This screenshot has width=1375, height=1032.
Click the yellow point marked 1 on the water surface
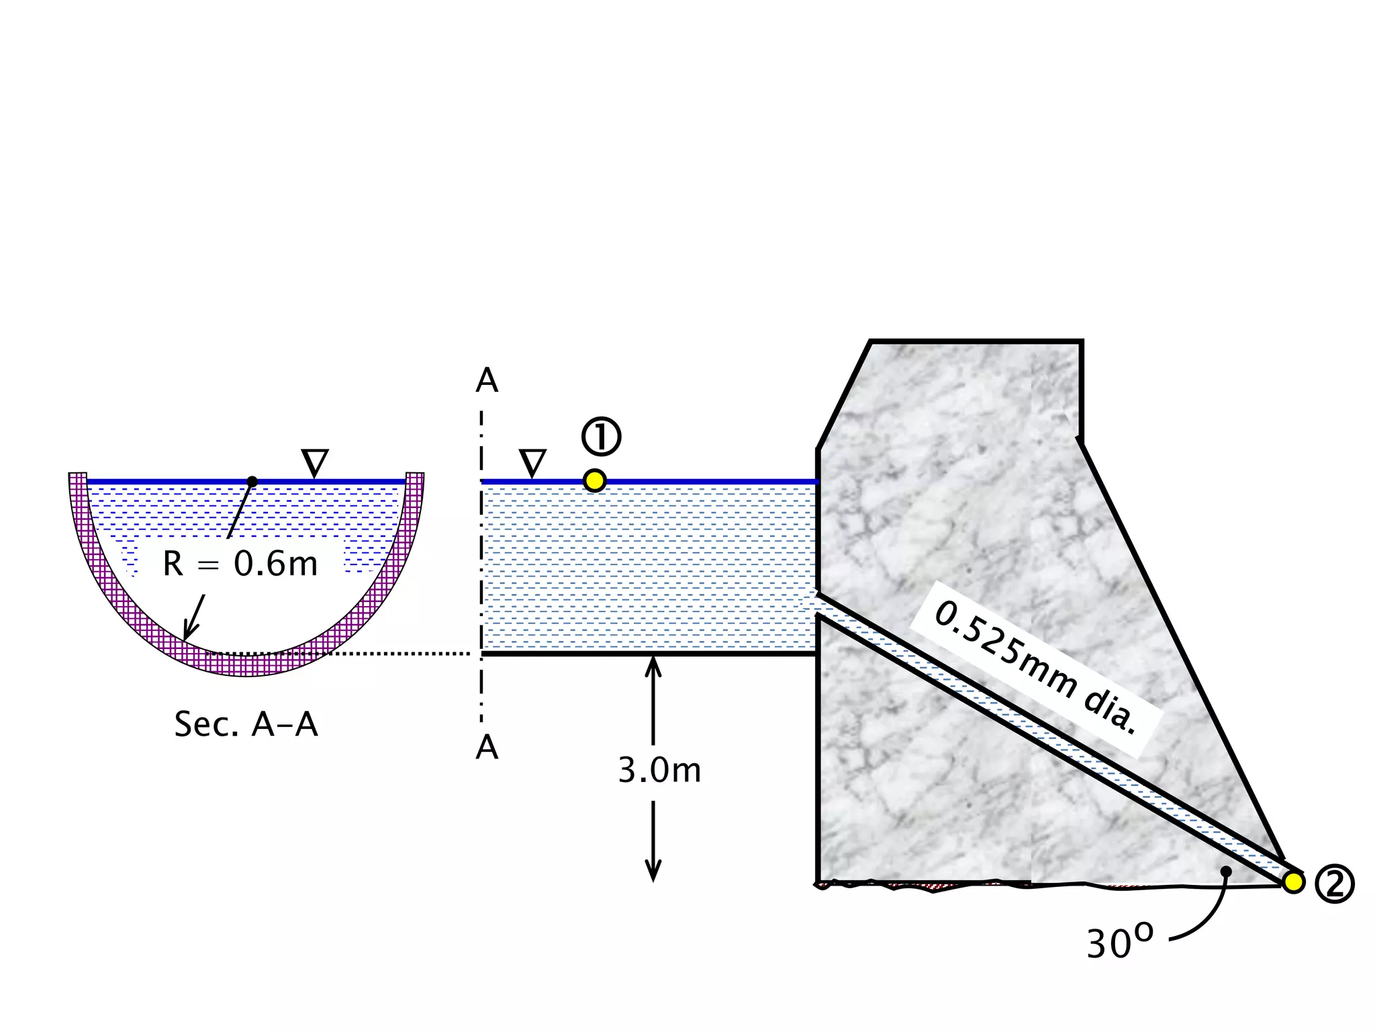pyautogui.click(x=594, y=481)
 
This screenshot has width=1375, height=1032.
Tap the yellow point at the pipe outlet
pyautogui.click(x=1292, y=881)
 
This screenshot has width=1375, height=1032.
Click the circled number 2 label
pyautogui.click(x=1334, y=884)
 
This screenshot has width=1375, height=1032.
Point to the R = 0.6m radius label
pyautogui.click(x=240, y=564)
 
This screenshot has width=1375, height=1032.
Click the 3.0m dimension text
pyautogui.click(x=659, y=771)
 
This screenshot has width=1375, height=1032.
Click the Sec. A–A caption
pyautogui.click(x=246, y=724)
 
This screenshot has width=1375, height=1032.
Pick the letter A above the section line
pyautogui.click(x=487, y=381)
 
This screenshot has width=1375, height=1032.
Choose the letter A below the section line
pyautogui.click(x=487, y=747)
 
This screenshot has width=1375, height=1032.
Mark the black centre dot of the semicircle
pyautogui.click(x=252, y=482)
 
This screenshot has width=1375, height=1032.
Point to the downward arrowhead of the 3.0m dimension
pyautogui.click(x=653, y=871)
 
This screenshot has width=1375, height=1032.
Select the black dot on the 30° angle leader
pyautogui.click(x=1226, y=871)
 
